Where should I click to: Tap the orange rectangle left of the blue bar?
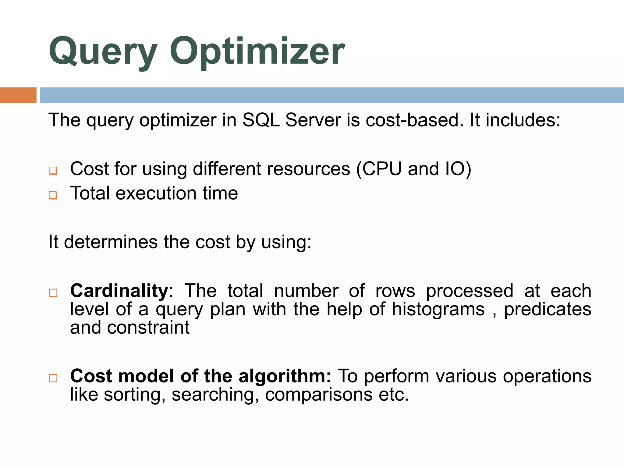coord(18,95)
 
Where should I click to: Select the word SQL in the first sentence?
coord(261,120)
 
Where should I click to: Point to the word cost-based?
coord(412,120)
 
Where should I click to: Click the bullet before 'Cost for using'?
coord(53,171)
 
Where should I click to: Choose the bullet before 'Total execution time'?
coord(53,195)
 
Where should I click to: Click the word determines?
coord(111,242)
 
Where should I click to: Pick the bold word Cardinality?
coord(119,291)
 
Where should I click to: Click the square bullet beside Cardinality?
coord(53,293)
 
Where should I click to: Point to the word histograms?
coord(438,309)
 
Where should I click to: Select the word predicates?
coord(548,309)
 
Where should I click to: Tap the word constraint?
coord(148,328)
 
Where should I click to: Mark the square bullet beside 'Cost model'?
coord(53,378)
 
